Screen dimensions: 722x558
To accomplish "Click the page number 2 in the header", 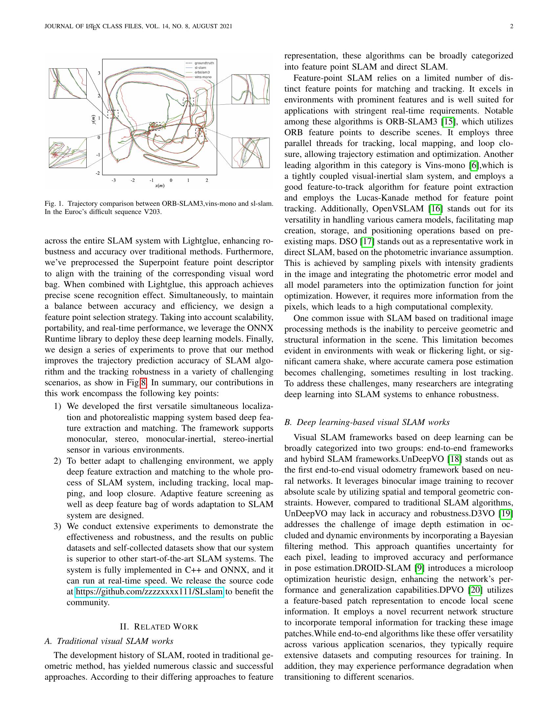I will (x=511, y=27).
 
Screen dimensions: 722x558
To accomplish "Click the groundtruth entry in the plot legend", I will (x=204, y=63).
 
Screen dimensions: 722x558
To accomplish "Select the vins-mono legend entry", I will (x=203, y=77).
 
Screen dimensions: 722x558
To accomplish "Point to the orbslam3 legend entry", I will (x=202, y=72).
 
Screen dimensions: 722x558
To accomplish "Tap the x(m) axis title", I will (x=160, y=186).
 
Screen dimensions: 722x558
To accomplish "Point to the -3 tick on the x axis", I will (x=113, y=180).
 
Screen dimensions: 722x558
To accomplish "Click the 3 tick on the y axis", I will (x=99, y=73).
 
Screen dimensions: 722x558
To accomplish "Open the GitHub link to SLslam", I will (x=149, y=591).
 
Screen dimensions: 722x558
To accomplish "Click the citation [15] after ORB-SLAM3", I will (x=448, y=122).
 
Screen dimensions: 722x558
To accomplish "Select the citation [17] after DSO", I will (x=367, y=242).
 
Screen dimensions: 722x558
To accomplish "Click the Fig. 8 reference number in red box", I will (x=143, y=383).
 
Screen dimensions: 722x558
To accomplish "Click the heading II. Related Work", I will (x=159, y=627).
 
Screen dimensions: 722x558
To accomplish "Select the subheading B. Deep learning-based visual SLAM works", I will (x=367, y=422).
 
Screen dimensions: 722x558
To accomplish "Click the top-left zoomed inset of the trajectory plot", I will (x=68, y=83).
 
